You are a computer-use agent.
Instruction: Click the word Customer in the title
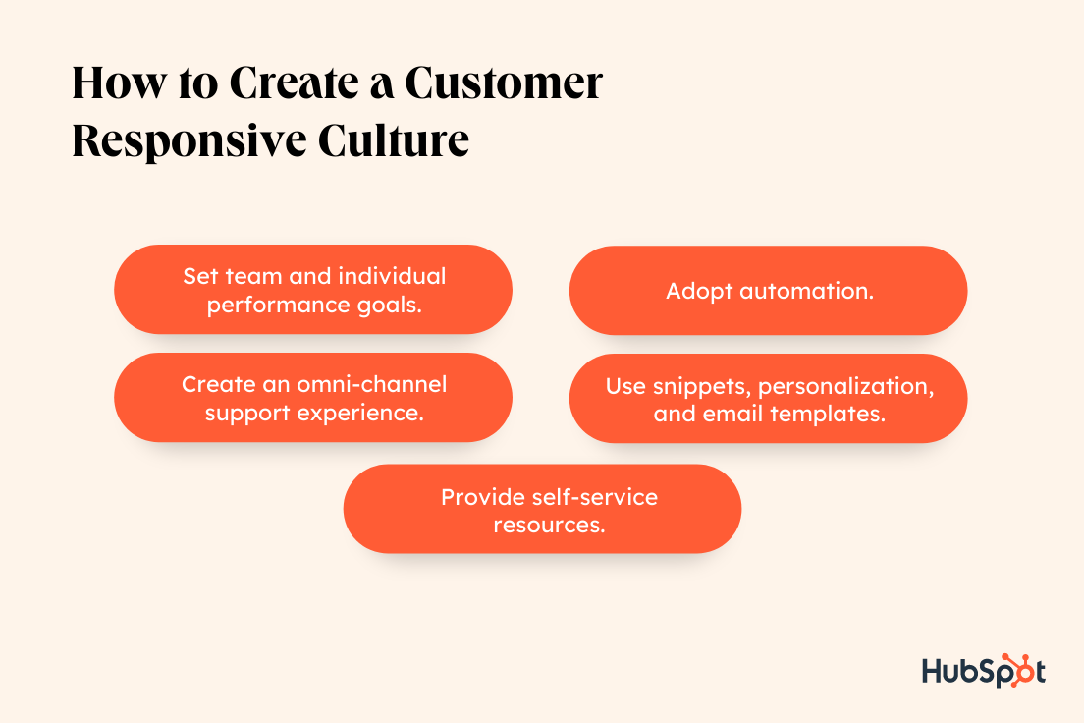click(x=504, y=83)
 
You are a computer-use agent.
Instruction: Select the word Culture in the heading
click(x=394, y=141)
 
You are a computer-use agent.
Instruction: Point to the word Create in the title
click(x=294, y=83)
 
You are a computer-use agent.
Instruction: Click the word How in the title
click(x=119, y=83)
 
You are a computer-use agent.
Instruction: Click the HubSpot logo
click(x=984, y=670)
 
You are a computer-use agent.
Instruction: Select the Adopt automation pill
click(x=768, y=291)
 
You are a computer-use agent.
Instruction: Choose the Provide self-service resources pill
click(x=542, y=509)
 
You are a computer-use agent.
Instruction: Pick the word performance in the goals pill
click(x=279, y=306)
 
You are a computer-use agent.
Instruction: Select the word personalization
click(x=846, y=387)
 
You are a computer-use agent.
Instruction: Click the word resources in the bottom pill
click(x=549, y=526)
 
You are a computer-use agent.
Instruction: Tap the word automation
click(x=807, y=291)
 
